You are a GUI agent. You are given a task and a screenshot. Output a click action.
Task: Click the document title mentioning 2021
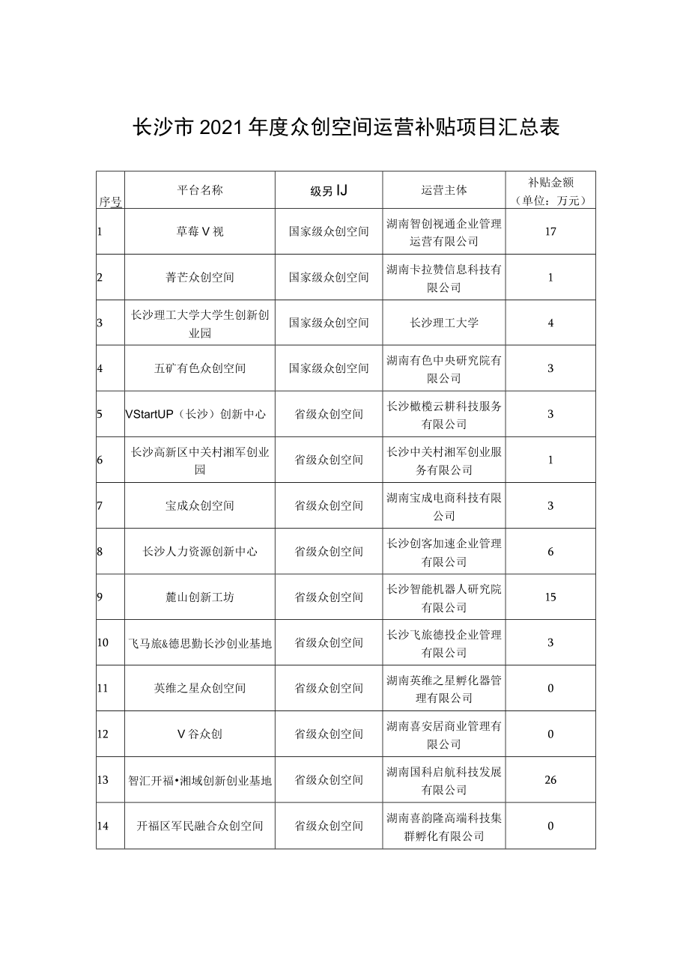coord(345,127)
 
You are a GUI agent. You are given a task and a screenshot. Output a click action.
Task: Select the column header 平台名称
coord(200,190)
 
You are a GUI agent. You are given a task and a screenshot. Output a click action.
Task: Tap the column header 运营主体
coord(444,190)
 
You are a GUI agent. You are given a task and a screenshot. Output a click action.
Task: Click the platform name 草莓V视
coord(200,231)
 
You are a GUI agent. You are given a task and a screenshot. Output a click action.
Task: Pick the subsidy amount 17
coord(550,231)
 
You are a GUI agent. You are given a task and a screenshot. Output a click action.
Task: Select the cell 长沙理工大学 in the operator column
coord(444,323)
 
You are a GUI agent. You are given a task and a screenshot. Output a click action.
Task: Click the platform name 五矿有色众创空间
coord(200,368)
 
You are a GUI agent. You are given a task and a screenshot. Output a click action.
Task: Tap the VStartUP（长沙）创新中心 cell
coord(198,414)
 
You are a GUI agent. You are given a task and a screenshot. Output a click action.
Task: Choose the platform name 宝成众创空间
coord(200,505)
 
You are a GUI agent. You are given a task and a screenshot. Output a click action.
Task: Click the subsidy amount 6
coord(550,552)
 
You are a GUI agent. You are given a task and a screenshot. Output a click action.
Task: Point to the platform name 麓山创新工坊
coord(200,597)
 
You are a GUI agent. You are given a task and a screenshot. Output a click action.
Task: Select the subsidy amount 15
coord(550,597)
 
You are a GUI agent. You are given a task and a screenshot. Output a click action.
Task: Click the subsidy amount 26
coord(550,780)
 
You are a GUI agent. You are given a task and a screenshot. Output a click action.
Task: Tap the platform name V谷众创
coord(200,734)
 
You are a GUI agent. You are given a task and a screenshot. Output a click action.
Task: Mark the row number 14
coord(103,826)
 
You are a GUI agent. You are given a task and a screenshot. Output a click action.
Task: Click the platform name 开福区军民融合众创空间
coord(200,826)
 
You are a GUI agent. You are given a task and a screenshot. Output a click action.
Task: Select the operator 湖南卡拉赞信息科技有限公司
coord(444,278)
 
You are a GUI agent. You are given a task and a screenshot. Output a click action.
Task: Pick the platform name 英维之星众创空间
coord(200,689)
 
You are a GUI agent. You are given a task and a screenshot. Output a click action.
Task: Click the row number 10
coord(103,643)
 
